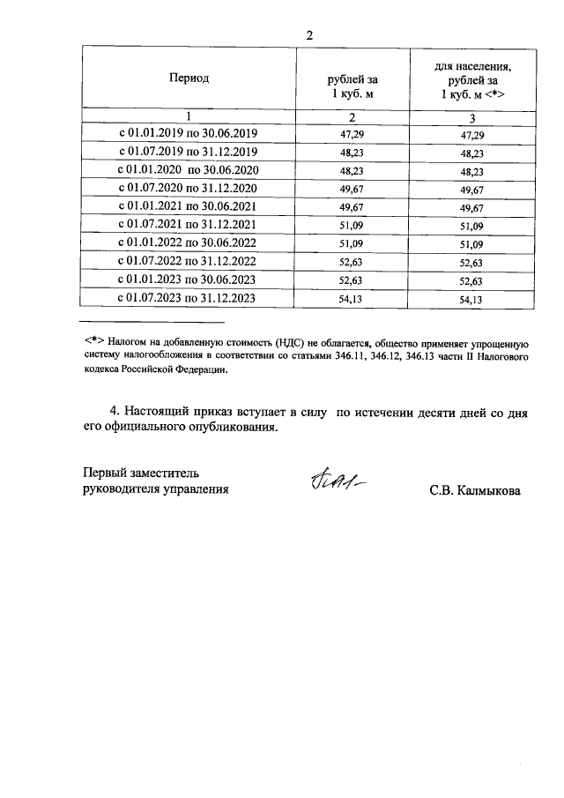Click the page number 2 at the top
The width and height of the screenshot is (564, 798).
(x=309, y=35)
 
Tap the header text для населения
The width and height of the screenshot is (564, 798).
(x=473, y=66)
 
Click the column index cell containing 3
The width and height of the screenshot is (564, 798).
(x=472, y=117)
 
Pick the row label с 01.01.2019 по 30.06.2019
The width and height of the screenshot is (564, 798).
(x=188, y=134)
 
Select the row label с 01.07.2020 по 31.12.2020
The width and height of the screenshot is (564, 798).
(x=188, y=189)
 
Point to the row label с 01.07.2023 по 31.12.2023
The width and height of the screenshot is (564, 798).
(x=188, y=299)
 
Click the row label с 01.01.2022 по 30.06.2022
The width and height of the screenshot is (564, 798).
(x=188, y=243)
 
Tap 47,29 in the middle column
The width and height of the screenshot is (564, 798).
(x=351, y=135)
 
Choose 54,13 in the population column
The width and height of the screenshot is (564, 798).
(x=473, y=300)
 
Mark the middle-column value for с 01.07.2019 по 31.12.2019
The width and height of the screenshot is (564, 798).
(x=351, y=153)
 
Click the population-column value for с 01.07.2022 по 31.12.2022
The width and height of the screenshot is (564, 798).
(x=473, y=263)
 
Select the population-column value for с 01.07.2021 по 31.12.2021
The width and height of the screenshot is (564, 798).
(x=473, y=226)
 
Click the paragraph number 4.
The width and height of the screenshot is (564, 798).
(x=113, y=411)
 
